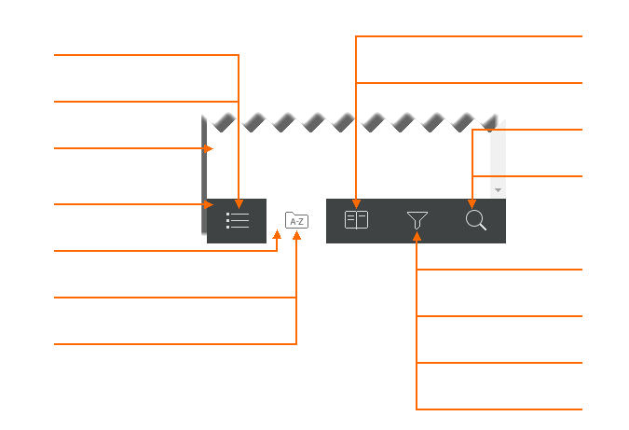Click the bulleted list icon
(x=238, y=220)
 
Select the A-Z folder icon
(x=297, y=220)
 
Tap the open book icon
(x=356, y=220)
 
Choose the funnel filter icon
(x=417, y=220)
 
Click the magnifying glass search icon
(x=476, y=220)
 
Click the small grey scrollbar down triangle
(x=498, y=190)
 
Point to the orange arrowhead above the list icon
(x=239, y=204)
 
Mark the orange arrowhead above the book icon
(x=356, y=204)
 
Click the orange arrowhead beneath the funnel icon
(x=417, y=237)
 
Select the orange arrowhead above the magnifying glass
(x=472, y=204)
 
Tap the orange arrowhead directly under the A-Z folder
(x=296, y=235)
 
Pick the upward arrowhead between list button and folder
(x=277, y=234)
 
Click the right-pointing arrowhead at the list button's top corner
(x=208, y=204)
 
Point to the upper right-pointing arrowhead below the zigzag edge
(x=208, y=148)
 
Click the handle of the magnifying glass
(x=483, y=227)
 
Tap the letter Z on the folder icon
(x=301, y=222)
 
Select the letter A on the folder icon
(x=293, y=222)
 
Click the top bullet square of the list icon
(x=228, y=215)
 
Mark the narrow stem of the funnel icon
(x=417, y=225)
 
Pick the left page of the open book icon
(x=350, y=220)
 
